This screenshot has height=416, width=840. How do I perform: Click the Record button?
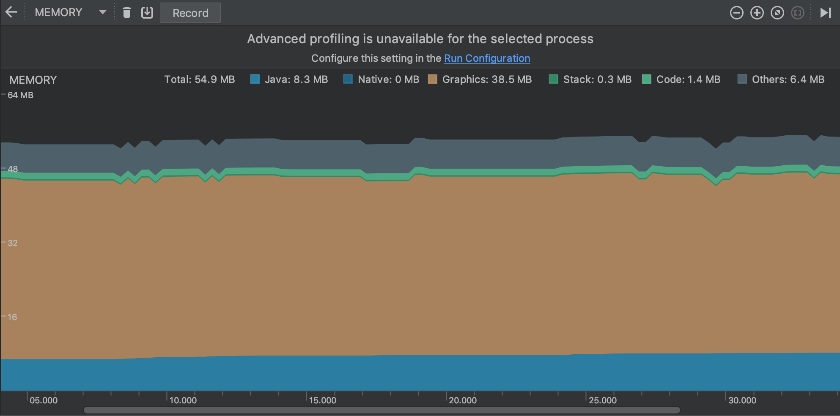coord(190,13)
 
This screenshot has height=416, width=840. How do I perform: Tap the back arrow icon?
coord(11,12)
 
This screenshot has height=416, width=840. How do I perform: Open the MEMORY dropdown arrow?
coord(102,12)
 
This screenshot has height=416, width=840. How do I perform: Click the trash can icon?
coord(126,13)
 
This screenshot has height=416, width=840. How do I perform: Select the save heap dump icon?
coord(147,13)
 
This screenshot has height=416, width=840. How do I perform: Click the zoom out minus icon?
coord(736,13)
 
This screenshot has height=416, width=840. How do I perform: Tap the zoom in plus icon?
coord(757,13)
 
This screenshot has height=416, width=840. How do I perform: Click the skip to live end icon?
coord(825,13)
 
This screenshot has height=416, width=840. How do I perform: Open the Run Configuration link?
coord(487,58)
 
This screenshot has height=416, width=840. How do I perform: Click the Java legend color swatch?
coord(255,79)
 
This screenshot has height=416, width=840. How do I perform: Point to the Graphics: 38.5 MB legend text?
coord(487,79)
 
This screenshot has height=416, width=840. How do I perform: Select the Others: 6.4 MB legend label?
coord(788,79)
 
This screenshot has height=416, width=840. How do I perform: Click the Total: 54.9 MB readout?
coord(199,79)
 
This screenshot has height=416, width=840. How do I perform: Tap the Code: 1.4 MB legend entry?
coord(688,79)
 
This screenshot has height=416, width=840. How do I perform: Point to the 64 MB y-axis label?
coord(20,95)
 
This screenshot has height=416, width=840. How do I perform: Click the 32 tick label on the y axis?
coord(13,243)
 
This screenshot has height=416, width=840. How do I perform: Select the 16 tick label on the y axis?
coord(12,317)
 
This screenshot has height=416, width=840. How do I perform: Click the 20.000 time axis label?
coord(462,400)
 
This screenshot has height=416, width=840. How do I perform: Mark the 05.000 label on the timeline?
coord(44,400)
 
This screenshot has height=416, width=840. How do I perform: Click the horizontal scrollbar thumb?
coord(382,410)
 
